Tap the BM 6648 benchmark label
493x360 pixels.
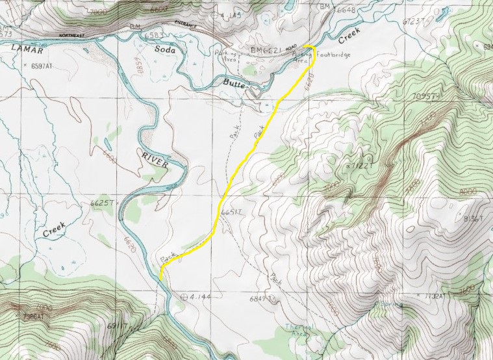(342, 8)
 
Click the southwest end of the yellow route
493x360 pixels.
(160, 280)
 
